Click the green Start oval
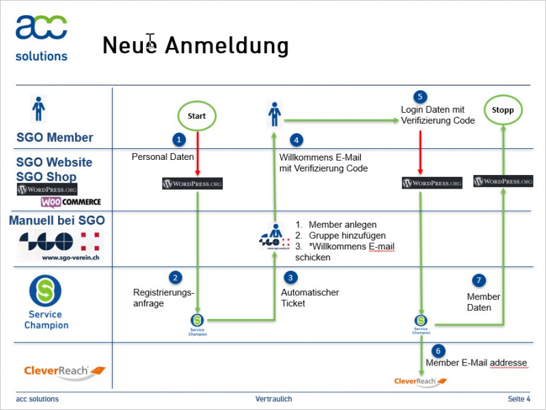[x=197, y=115]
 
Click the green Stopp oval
[x=503, y=109]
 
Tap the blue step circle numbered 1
[x=179, y=139]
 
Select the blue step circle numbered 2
[x=176, y=277]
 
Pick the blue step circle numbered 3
[x=292, y=277]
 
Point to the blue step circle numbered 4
[x=296, y=140]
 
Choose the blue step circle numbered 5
[x=420, y=96]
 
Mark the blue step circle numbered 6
[x=439, y=349]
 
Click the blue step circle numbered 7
[x=479, y=280]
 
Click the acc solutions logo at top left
[x=42, y=37]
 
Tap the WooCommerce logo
[x=70, y=202]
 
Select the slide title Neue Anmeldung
[x=195, y=46]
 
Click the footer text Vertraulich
[x=273, y=399]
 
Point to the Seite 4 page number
[x=519, y=399]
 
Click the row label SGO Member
[x=55, y=137]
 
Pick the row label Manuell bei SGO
[x=57, y=221]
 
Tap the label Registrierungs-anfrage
[x=164, y=298]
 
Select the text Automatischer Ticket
[x=310, y=298]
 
